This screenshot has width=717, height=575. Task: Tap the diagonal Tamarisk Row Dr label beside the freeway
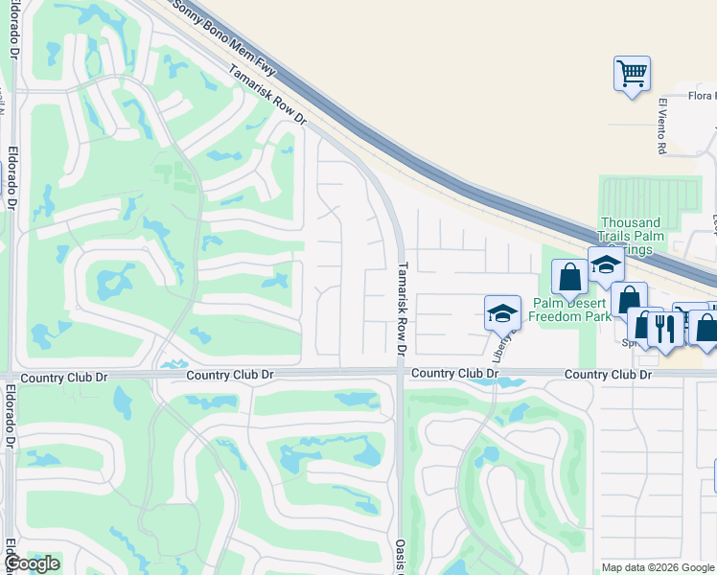pos(266,94)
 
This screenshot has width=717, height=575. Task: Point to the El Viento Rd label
pos(661,126)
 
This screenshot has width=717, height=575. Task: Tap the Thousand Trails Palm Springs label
pos(632,236)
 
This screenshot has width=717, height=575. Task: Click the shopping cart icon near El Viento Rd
pos(632,73)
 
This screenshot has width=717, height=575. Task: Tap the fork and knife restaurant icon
pos(664,328)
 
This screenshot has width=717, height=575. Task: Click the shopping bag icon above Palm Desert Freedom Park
pos(569,277)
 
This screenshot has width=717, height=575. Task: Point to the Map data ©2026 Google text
pos(658,567)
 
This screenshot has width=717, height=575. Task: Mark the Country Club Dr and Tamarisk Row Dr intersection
pos(399,373)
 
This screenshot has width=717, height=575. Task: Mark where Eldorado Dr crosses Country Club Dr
pos(10,375)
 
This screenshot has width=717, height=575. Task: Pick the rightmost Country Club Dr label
pos(609,374)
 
